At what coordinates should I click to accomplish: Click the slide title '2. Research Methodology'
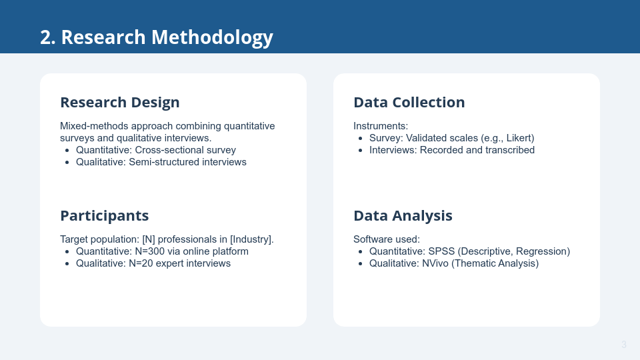click(156, 37)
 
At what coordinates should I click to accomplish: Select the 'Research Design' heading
click(119, 103)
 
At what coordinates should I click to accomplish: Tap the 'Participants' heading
click(105, 216)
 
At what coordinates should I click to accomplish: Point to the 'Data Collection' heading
click(409, 103)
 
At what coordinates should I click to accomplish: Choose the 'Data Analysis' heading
click(403, 216)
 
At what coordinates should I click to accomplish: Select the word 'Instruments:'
click(381, 126)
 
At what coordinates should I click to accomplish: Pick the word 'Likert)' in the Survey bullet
click(521, 139)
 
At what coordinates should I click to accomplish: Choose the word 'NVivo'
click(435, 263)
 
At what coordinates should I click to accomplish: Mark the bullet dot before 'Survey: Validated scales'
click(361, 139)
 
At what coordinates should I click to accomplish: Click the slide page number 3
click(624, 345)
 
